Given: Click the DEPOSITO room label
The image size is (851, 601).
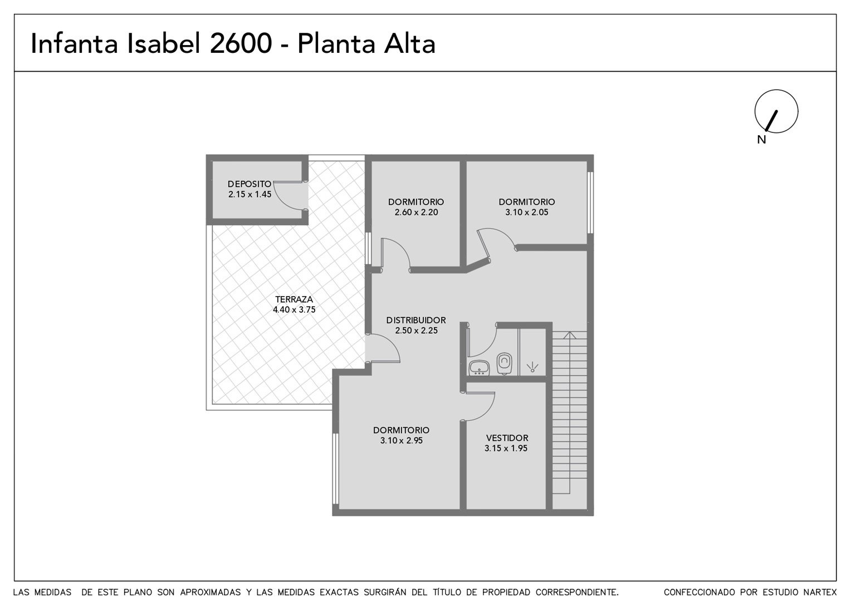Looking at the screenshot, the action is pos(250,184).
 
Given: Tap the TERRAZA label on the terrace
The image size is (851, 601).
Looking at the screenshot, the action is pos(294,299).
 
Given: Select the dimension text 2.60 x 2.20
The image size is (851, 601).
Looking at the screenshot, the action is pos(417,212).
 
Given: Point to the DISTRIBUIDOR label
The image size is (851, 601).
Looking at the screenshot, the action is pos(416,320).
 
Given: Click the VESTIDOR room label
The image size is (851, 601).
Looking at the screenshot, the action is pos(507,438).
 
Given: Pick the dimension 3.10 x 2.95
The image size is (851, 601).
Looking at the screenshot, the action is pos(402,440).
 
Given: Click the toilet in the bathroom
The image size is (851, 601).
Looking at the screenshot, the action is pos(504,363).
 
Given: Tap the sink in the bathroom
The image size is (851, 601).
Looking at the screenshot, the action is pos(479,367).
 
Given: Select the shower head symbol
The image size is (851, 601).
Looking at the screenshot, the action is pos(532,367).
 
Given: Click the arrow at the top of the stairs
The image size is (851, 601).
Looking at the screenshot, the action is pos(569,335).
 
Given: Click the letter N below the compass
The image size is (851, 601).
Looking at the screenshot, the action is pos(761,140).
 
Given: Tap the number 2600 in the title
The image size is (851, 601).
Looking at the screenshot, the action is pos(241,43).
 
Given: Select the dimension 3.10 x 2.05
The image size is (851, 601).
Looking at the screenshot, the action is pos(527,212).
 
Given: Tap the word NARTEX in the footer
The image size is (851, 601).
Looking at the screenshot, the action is pos(821,592).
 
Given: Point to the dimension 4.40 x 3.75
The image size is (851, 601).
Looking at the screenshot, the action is pos(294,309).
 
